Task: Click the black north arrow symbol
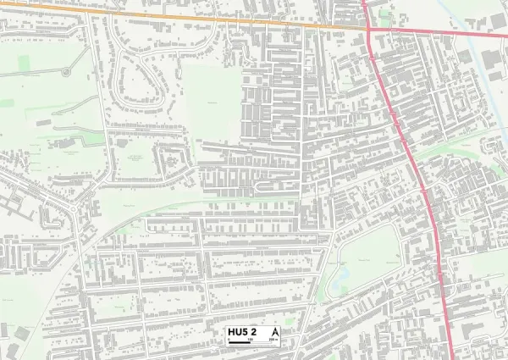(x=274, y=331)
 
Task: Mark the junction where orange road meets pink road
(x=369, y=28)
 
